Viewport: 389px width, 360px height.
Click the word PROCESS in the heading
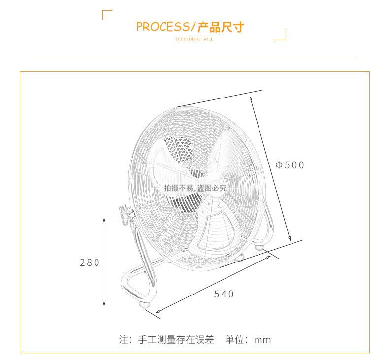pos(162,26)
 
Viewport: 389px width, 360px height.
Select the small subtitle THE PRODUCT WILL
pos(194,39)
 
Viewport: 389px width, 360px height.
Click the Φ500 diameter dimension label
pos(290,165)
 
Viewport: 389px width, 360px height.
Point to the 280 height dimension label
pos(90,262)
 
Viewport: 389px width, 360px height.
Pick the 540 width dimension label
pos(224,294)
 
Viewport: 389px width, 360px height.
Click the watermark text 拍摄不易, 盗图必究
pos(195,188)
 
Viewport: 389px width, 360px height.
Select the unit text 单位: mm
pos(248,339)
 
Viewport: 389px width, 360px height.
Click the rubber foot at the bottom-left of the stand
pos(146,306)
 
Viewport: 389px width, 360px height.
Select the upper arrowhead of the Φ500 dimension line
pos(251,98)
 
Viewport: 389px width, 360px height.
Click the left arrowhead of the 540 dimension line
pos(158,311)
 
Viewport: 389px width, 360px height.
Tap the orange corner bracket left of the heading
pos(107,14)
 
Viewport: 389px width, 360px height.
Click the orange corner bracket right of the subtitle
pos(281,36)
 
